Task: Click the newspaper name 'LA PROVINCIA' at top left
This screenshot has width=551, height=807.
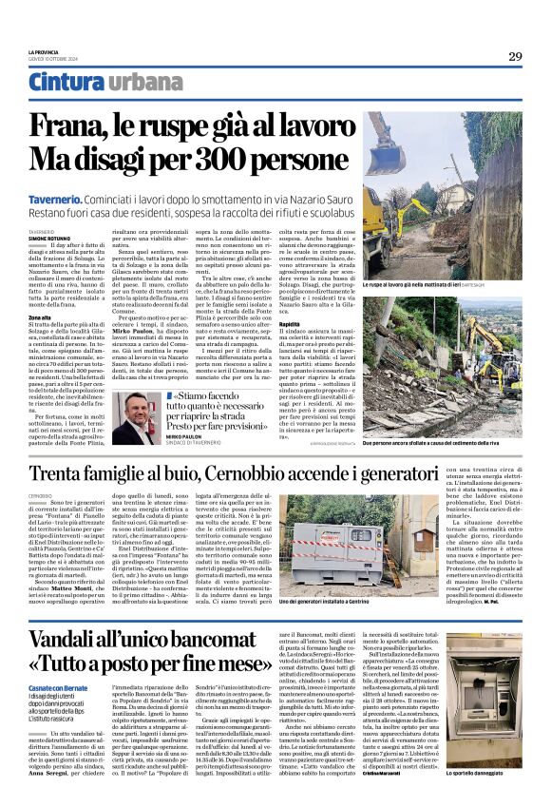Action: pos(44,52)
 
